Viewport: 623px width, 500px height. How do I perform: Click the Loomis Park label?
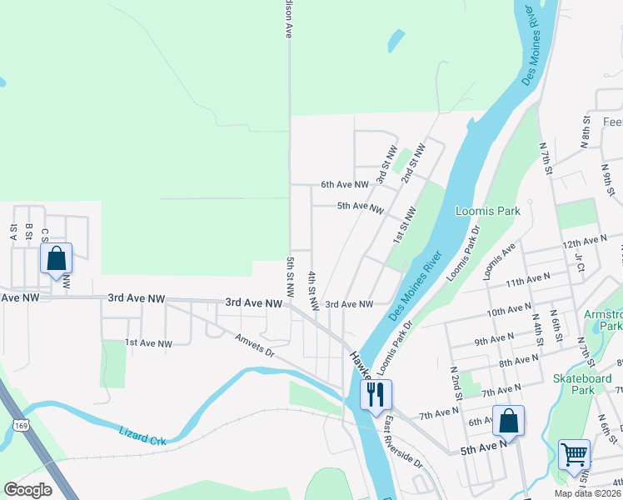coord(488,211)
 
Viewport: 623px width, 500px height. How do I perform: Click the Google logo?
coord(28,490)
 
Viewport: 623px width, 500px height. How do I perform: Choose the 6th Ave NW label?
coord(345,184)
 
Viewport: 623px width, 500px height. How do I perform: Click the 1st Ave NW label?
coord(148,343)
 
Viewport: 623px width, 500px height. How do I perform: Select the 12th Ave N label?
coord(585,242)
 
